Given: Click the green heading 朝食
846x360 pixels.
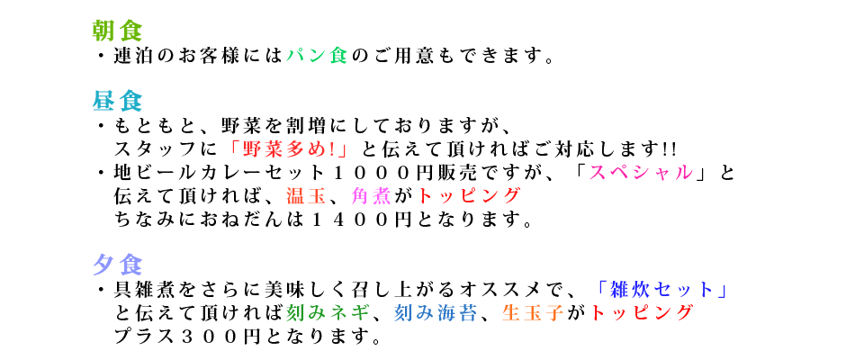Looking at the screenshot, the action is [x=117, y=31].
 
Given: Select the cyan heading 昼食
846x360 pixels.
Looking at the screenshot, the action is [x=117, y=101].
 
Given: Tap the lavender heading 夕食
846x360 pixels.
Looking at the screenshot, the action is [x=117, y=265].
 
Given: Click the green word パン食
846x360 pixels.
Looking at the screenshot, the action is [x=317, y=55].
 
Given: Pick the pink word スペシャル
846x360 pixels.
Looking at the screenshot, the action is [x=641, y=173].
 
